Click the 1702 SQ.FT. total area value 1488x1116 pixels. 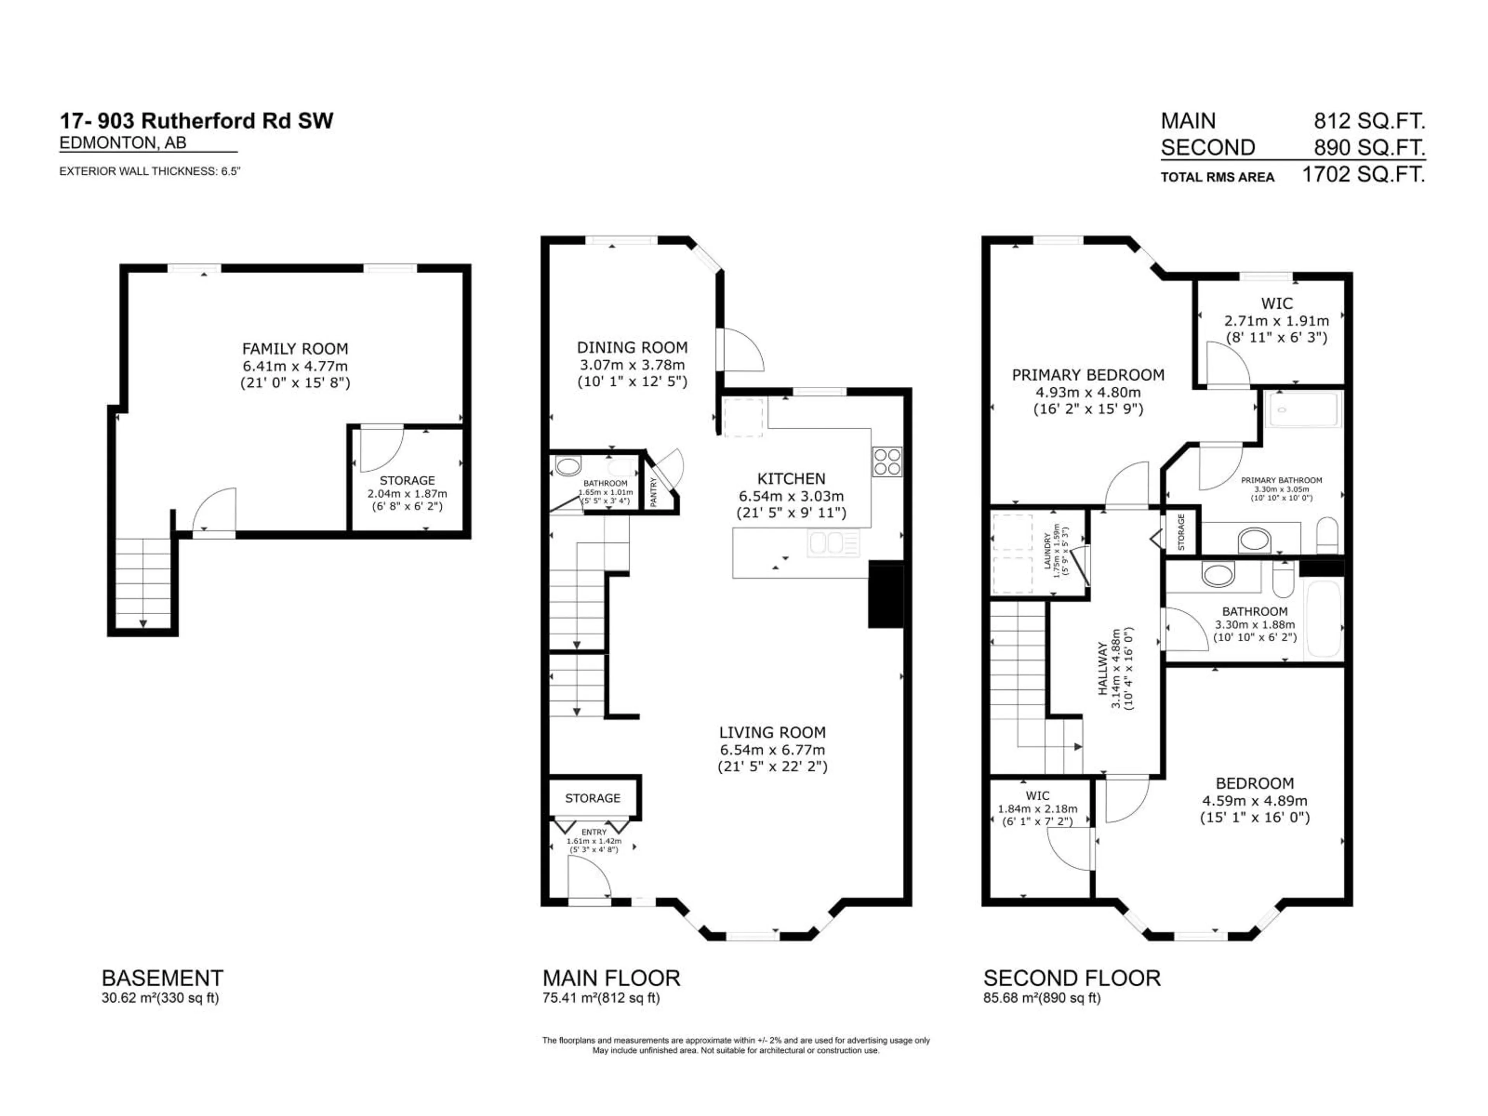click(x=1363, y=175)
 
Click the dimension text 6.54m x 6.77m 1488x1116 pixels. click(x=772, y=749)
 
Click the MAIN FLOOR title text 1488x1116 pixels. click(x=611, y=977)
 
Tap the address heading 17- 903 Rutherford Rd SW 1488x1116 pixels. click(x=196, y=121)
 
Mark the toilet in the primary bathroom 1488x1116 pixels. click(x=1326, y=536)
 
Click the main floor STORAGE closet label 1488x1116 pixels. click(x=592, y=798)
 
